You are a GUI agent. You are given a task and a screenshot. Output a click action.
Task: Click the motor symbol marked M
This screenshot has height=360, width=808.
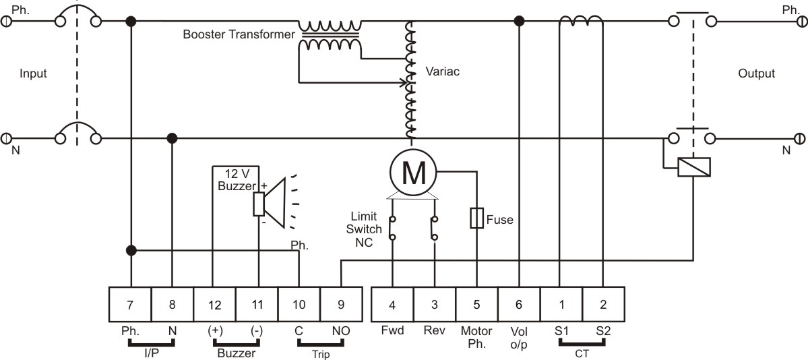[412, 173]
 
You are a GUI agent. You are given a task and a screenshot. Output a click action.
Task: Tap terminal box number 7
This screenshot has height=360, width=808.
[130, 304]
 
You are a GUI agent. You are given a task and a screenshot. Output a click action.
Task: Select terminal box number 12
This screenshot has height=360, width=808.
[214, 304]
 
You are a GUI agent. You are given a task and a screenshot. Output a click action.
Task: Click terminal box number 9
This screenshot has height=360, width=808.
[340, 304]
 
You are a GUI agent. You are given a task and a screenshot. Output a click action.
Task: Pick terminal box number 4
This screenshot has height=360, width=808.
[392, 304]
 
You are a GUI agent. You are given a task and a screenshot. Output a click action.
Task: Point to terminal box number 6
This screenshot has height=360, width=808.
[518, 304]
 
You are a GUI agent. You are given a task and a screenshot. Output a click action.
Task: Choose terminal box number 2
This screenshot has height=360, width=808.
[603, 304]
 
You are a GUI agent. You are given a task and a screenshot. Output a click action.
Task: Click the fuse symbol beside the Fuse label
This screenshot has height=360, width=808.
[476, 218]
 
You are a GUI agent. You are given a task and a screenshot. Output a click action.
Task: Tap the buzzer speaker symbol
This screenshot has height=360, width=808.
[270, 203]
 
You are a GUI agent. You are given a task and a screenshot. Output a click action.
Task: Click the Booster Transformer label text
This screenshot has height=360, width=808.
[239, 34]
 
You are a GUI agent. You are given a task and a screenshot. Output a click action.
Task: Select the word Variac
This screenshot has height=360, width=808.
[442, 71]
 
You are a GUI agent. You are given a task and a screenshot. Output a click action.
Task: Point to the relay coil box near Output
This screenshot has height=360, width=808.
[695, 168]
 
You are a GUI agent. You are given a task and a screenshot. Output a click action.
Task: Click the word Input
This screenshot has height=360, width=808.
[33, 73]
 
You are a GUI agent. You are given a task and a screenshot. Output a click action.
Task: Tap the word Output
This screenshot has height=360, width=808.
[757, 73]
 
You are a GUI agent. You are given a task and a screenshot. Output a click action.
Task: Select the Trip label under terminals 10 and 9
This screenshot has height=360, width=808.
[320, 355]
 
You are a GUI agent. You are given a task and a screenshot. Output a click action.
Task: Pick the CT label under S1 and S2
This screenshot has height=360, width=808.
[583, 354]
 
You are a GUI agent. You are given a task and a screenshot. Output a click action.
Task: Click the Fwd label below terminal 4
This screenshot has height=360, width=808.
[392, 331]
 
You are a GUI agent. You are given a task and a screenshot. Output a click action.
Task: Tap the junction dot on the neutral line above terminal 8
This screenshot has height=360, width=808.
[172, 138]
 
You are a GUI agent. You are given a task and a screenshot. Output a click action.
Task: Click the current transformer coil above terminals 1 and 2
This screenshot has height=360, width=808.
[582, 20]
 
